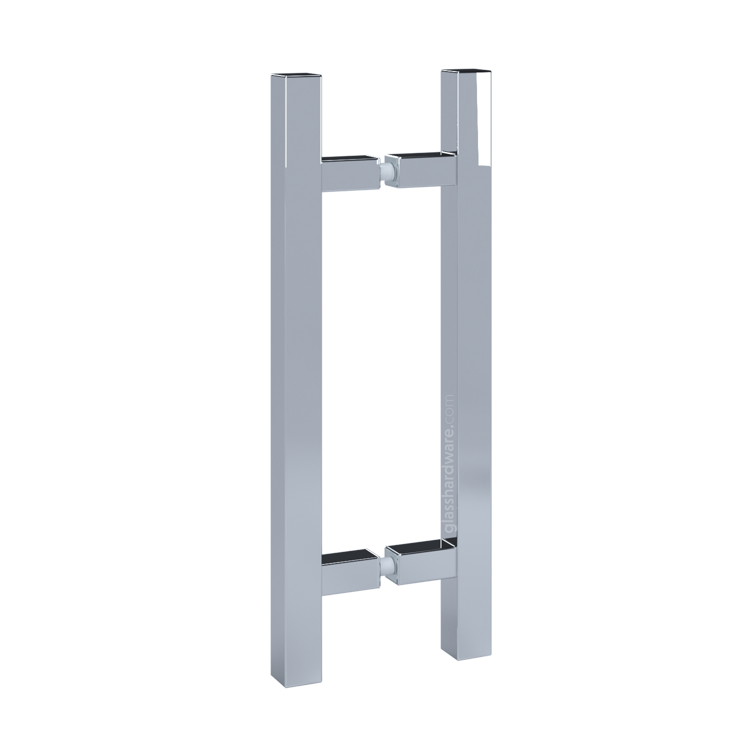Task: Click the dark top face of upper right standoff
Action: tap(423, 154)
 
